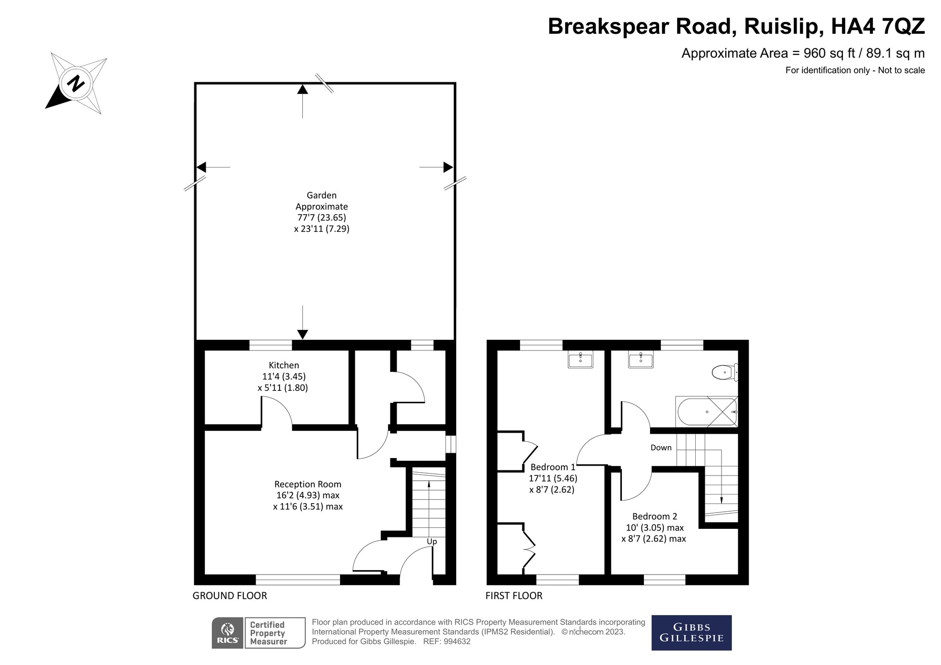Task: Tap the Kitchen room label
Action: [x=284, y=366]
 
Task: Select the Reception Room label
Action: [x=308, y=484]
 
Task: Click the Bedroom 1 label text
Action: [x=552, y=467]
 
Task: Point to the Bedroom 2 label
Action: [x=654, y=516]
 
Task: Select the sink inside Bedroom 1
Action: [x=581, y=359]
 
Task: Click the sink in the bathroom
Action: [x=641, y=359]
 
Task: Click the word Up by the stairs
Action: [x=431, y=542]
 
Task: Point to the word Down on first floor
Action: [x=661, y=448]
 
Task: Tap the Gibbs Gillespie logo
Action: [x=691, y=633]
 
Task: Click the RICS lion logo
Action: [x=228, y=633]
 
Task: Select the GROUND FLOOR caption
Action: [x=230, y=596]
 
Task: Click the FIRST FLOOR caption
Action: [x=514, y=596]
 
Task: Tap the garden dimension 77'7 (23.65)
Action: [x=321, y=218]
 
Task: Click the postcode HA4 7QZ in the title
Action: [x=878, y=26]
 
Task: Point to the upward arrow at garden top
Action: [x=302, y=89]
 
